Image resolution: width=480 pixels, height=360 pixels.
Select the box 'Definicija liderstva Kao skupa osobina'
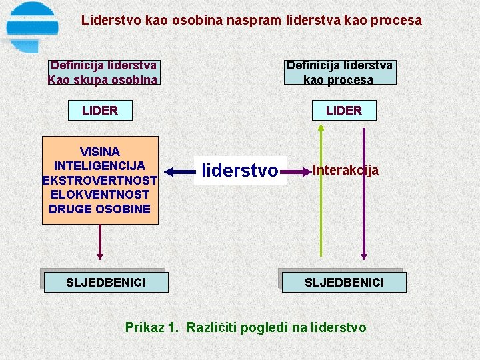pos(103,73)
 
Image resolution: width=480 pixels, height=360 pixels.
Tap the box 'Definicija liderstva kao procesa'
pos(339,73)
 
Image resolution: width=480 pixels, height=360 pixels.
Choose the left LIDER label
pos(100,111)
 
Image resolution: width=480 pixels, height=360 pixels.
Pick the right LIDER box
pos(344,111)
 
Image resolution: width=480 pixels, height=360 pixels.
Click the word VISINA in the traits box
pos(100,152)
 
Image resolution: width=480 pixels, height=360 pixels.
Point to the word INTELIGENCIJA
pos(100,166)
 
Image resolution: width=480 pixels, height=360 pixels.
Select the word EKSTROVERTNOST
pos(100,181)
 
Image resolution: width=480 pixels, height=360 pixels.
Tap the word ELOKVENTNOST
pos(100,195)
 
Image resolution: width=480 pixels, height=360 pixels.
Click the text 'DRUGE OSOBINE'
pos(100,209)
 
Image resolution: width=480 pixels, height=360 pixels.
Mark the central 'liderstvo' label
pos(239,171)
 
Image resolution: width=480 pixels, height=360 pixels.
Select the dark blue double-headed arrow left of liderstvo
pos(180,171)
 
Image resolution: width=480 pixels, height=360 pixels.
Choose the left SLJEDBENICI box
pos(105,283)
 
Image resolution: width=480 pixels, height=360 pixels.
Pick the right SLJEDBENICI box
pos(344,283)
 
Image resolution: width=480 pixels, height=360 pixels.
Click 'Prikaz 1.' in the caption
pos(152,327)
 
